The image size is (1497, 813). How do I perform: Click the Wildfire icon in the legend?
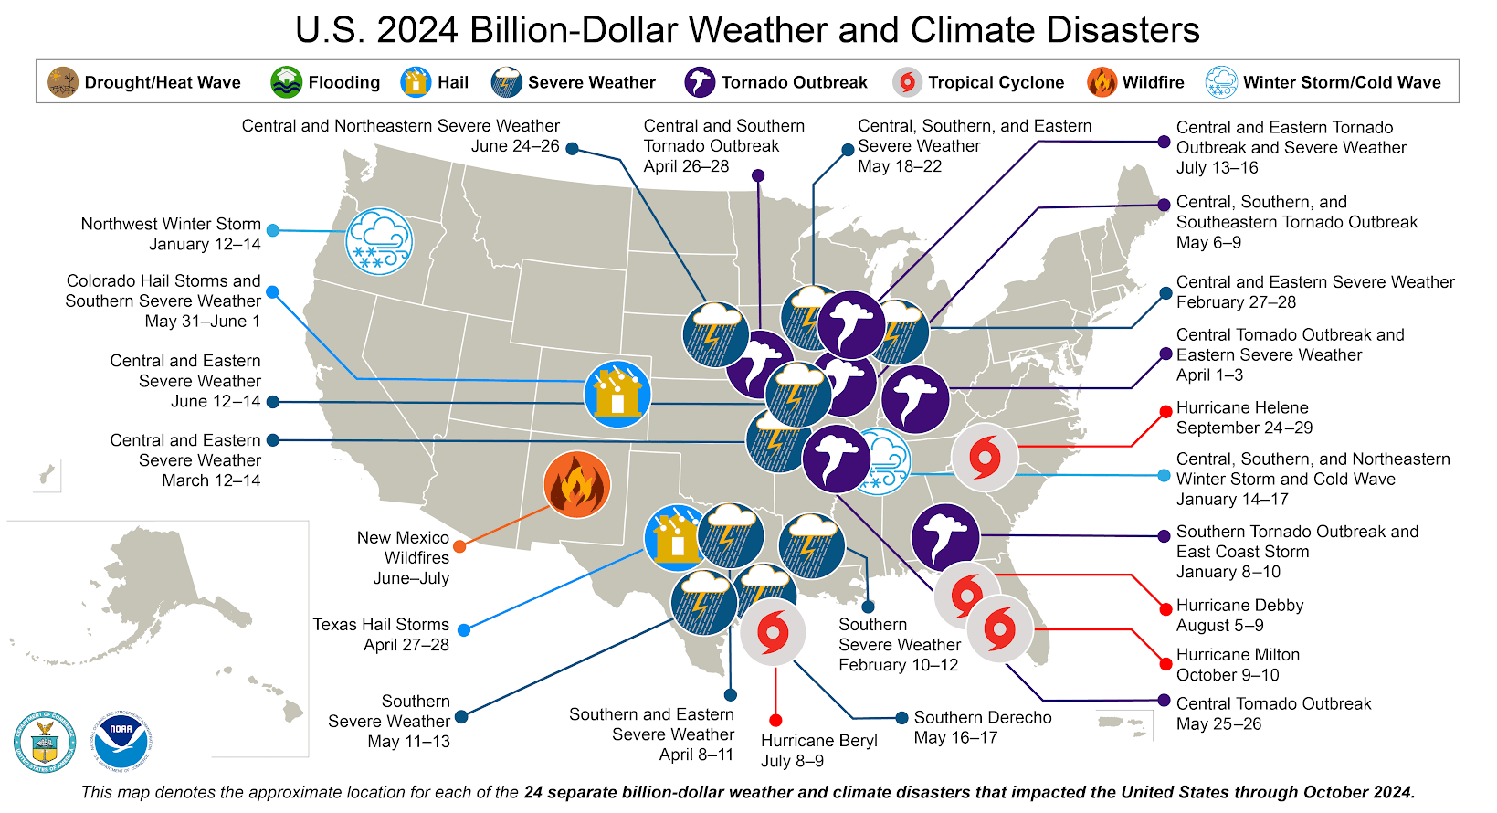tap(1102, 82)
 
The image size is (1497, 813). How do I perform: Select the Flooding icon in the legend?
tap(286, 82)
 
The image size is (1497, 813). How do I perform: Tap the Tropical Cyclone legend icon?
tap(907, 82)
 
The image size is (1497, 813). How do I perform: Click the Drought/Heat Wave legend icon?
tap(63, 82)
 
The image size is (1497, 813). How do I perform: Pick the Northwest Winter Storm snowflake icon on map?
tap(379, 241)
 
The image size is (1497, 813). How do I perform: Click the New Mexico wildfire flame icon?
tap(576, 484)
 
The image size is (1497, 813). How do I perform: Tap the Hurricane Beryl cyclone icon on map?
tap(773, 631)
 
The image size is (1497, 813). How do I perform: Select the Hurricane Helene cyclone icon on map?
tap(985, 458)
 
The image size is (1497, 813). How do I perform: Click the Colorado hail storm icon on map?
tap(617, 395)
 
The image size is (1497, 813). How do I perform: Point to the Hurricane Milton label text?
tap(1238, 655)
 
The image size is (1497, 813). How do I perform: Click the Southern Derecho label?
tap(983, 718)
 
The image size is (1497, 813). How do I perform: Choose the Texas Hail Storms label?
tap(381, 625)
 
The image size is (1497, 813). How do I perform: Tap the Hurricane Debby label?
tap(1239, 606)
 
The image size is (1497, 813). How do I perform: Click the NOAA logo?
tap(121, 740)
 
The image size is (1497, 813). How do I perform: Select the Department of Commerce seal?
tap(45, 741)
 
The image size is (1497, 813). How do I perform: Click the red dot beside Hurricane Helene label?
tap(1165, 412)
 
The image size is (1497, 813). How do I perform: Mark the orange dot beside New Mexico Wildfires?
tap(459, 546)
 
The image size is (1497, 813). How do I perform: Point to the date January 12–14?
tap(205, 245)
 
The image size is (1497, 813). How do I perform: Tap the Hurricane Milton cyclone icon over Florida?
tap(999, 629)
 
